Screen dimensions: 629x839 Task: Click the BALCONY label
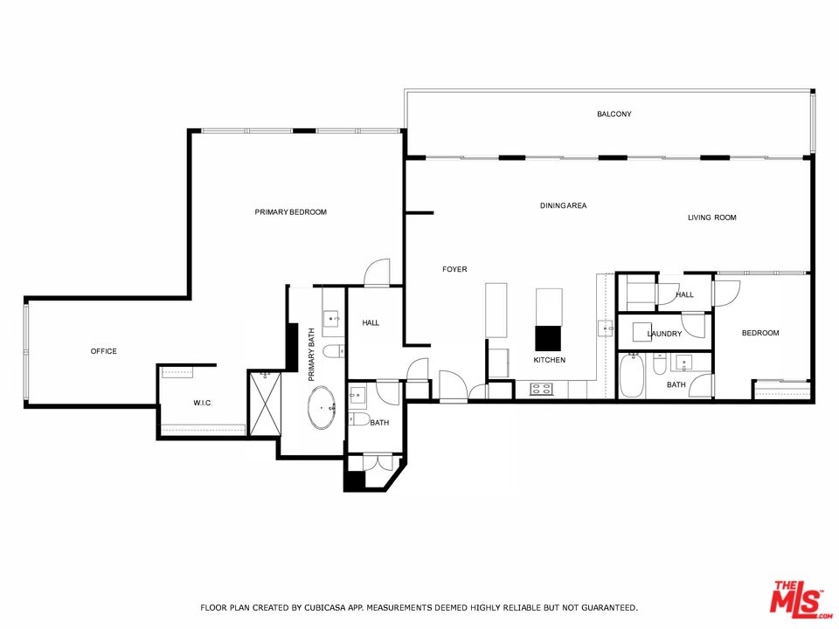coord(614,114)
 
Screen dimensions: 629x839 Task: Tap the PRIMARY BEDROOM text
coord(290,212)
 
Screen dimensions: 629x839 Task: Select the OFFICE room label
coord(103,351)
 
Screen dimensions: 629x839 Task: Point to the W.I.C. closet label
coord(203,403)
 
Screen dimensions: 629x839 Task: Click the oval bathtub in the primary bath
coord(325,407)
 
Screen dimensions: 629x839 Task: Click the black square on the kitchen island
coord(550,338)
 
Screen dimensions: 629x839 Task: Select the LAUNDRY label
coord(664,334)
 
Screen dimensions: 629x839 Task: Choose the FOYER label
coord(454,270)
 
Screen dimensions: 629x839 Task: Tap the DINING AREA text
coord(563,206)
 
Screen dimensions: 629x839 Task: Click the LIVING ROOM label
coord(711,218)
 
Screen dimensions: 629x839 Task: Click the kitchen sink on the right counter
coord(605,328)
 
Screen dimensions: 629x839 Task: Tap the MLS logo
coord(797,598)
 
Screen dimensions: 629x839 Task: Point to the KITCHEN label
coord(550,360)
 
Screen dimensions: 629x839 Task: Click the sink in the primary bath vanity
coord(331,319)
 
